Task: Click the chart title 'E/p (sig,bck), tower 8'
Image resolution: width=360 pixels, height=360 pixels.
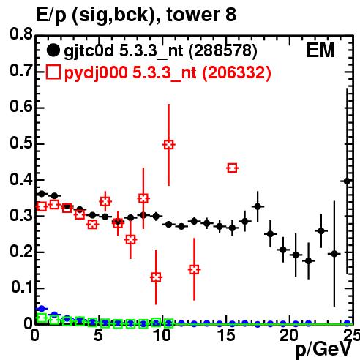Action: click(x=136, y=15)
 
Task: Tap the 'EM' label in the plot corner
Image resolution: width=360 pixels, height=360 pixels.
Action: click(x=320, y=50)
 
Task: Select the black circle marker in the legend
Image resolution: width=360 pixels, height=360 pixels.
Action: click(x=53, y=50)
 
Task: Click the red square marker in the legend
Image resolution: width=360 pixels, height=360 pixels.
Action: click(x=53, y=72)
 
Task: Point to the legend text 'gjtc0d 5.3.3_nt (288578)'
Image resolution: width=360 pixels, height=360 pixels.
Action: click(x=160, y=51)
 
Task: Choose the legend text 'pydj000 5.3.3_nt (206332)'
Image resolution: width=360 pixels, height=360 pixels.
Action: click(x=168, y=72)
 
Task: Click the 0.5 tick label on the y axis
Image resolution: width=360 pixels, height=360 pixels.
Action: click(x=20, y=143)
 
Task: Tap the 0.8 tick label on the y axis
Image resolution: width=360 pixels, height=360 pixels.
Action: click(x=20, y=34)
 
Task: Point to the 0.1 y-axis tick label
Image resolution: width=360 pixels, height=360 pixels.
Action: click(x=22, y=288)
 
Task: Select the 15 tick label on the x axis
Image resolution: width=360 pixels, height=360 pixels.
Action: click(x=227, y=335)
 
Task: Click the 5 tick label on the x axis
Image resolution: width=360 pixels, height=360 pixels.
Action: click(x=98, y=335)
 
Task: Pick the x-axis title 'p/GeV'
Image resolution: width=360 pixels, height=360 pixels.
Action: click(x=323, y=350)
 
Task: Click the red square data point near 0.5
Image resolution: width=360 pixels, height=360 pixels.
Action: click(x=168, y=145)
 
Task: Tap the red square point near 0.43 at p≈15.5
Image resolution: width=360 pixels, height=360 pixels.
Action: click(x=232, y=168)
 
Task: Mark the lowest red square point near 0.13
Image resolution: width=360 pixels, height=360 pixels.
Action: click(x=156, y=277)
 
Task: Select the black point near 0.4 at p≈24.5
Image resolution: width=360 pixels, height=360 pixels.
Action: click(x=347, y=181)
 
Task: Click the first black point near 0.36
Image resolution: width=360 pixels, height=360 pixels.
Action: click(x=42, y=194)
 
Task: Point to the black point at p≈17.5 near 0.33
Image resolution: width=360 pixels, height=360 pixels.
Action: click(x=258, y=206)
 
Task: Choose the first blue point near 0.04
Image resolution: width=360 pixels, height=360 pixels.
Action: click(x=42, y=309)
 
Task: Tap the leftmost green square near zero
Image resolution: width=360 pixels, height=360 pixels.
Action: click(x=42, y=318)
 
